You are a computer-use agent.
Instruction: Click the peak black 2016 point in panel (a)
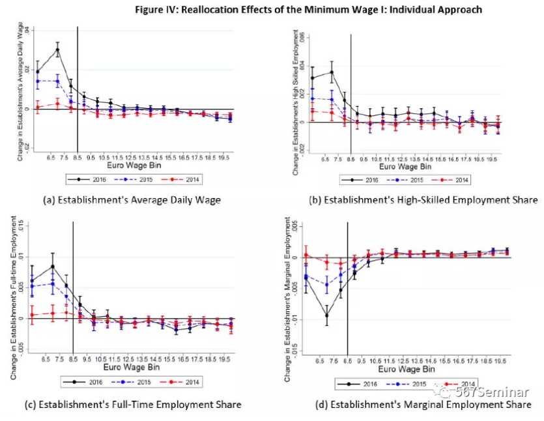click(57, 50)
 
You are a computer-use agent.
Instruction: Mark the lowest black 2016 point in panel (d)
click(326, 315)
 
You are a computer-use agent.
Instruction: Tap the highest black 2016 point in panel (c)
click(53, 266)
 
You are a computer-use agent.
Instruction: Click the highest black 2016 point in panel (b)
click(332, 72)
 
